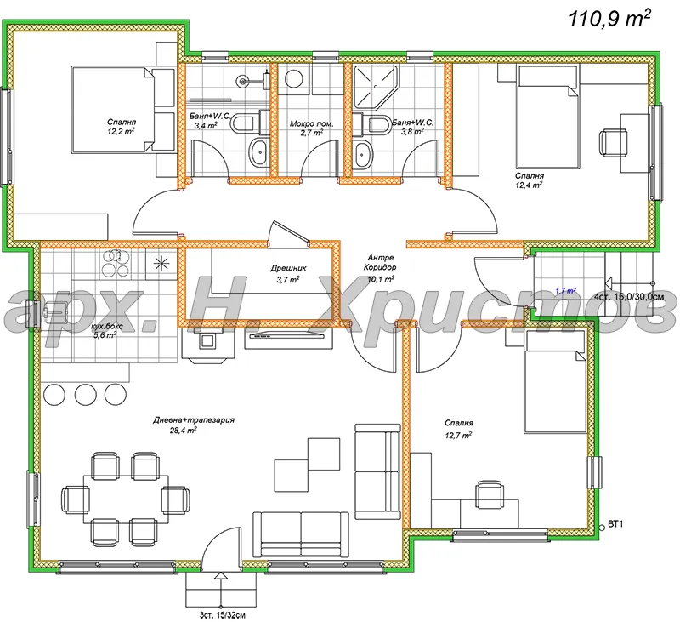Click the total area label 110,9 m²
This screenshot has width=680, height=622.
point(609,18)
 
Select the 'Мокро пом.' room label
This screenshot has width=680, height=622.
point(311,123)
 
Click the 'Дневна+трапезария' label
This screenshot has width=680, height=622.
point(194,419)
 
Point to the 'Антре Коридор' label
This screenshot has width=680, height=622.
point(380,263)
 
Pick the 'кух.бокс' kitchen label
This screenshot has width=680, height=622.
point(107,326)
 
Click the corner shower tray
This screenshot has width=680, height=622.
point(376,87)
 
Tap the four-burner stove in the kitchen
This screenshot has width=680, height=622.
point(116,264)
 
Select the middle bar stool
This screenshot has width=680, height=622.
point(86,394)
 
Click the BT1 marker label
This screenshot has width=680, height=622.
point(615,524)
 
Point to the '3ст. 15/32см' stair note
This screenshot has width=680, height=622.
point(223,615)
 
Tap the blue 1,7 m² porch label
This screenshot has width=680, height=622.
point(565,291)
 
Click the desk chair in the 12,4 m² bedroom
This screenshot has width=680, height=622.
point(613,142)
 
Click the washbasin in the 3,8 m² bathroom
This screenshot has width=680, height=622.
point(364,153)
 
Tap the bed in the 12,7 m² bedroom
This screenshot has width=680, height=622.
point(556,381)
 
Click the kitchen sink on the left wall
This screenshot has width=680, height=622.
point(55,311)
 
